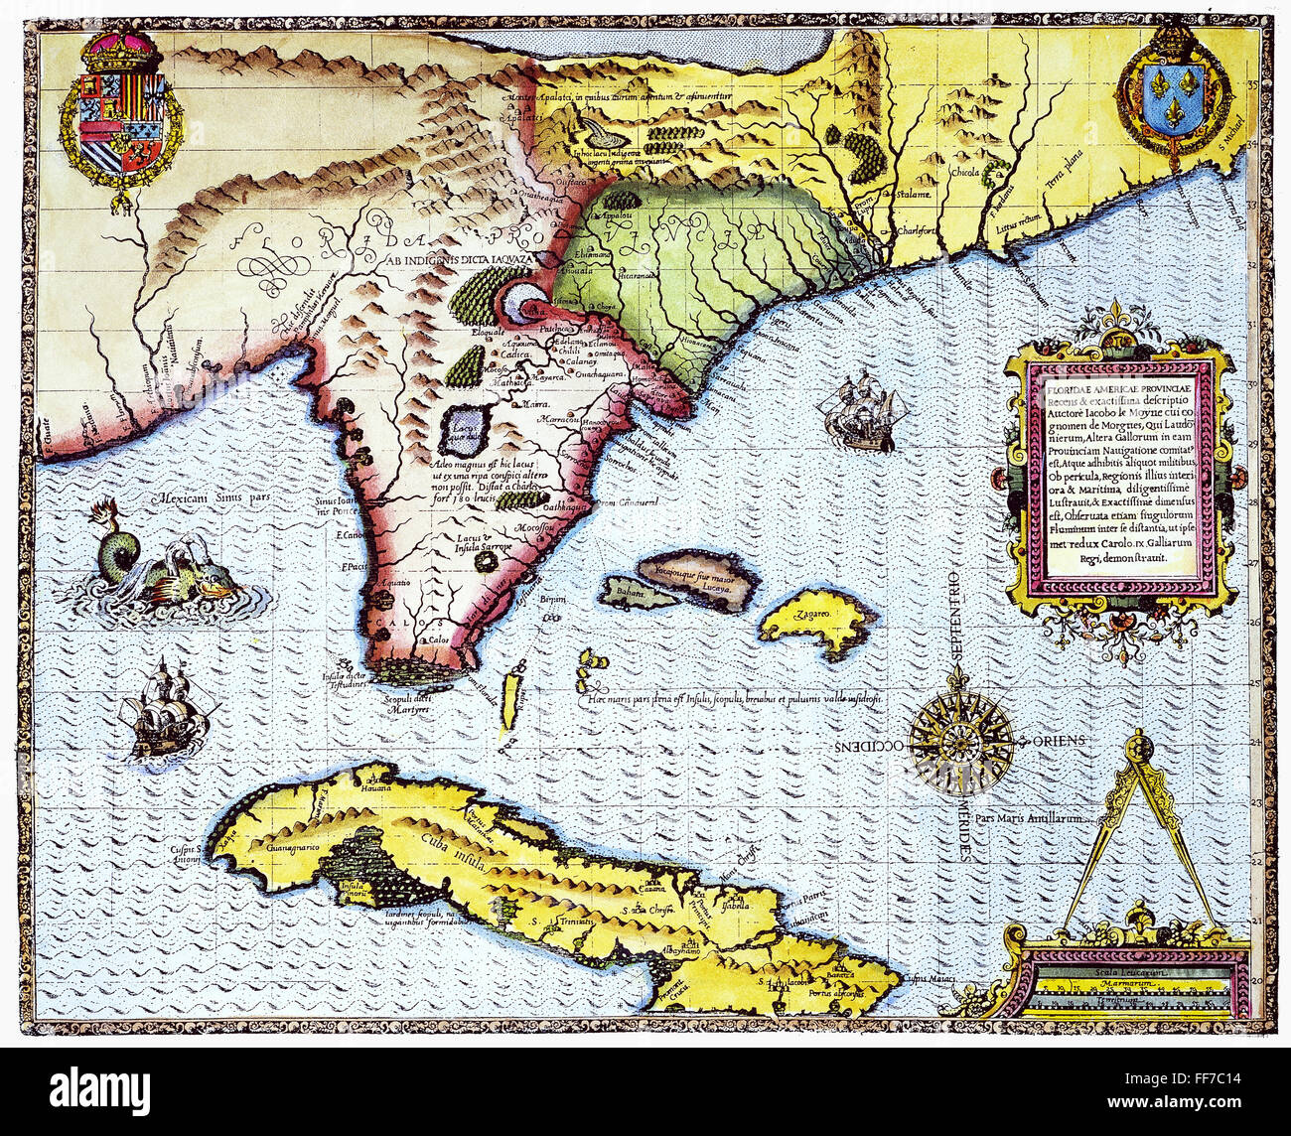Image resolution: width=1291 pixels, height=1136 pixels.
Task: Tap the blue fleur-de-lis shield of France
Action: point(1175,95)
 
